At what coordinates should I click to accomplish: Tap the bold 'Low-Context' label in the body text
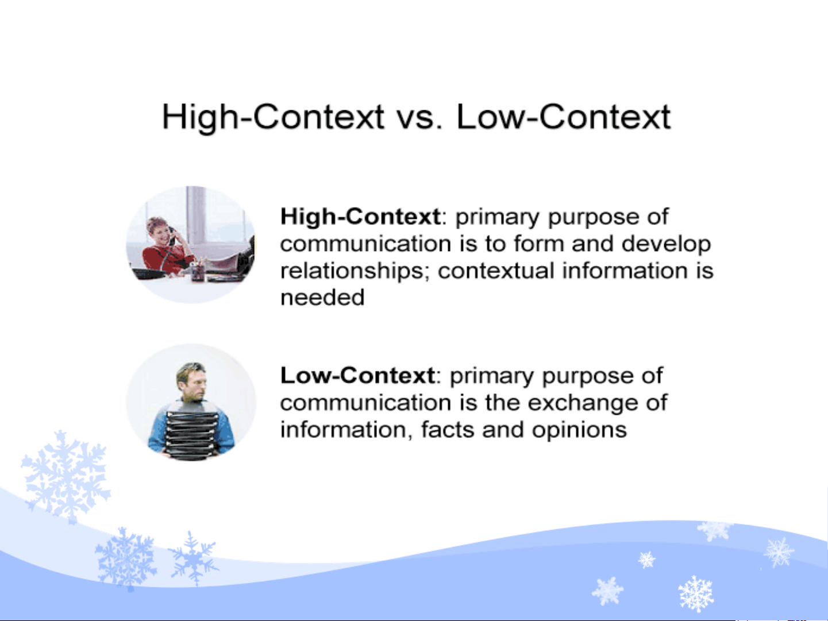point(357,376)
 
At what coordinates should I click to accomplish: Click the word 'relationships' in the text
point(352,272)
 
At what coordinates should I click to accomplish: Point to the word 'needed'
point(322,298)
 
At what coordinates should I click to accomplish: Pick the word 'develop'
point(666,245)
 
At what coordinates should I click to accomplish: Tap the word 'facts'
point(448,430)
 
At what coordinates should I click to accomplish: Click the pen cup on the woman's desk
point(198,272)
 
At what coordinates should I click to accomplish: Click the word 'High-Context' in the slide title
point(273,118)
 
